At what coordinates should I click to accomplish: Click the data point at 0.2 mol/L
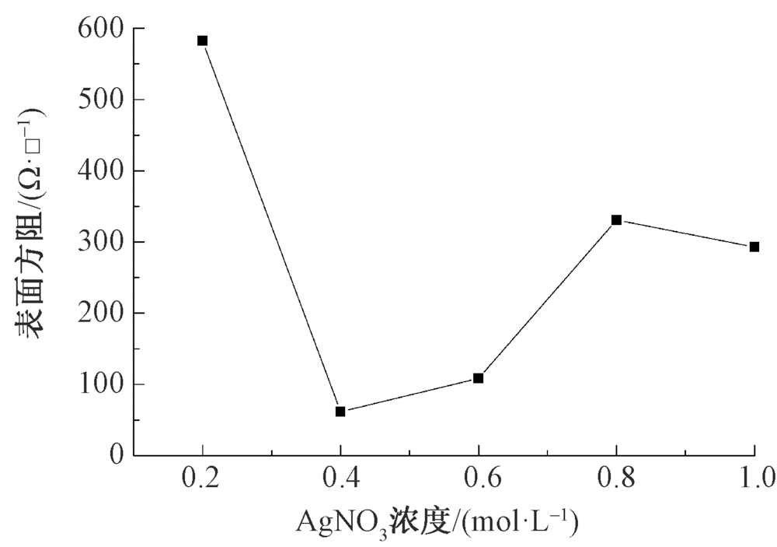(202, 40)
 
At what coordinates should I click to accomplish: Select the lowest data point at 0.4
(340, 412)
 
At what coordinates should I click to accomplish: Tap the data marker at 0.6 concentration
(479, 378)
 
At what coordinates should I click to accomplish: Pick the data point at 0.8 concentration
(616, 220)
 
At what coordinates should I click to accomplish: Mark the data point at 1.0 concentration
(754, 247)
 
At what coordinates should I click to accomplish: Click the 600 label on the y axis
(100, 29)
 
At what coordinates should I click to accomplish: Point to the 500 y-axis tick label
(100, 100)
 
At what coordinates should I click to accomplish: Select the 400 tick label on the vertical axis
(100, 171)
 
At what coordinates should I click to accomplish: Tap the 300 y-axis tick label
(100, 243)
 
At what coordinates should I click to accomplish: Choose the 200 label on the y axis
(100, 314)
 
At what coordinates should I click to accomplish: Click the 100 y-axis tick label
(100, 385)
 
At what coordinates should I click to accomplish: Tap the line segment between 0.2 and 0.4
(271, 226)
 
